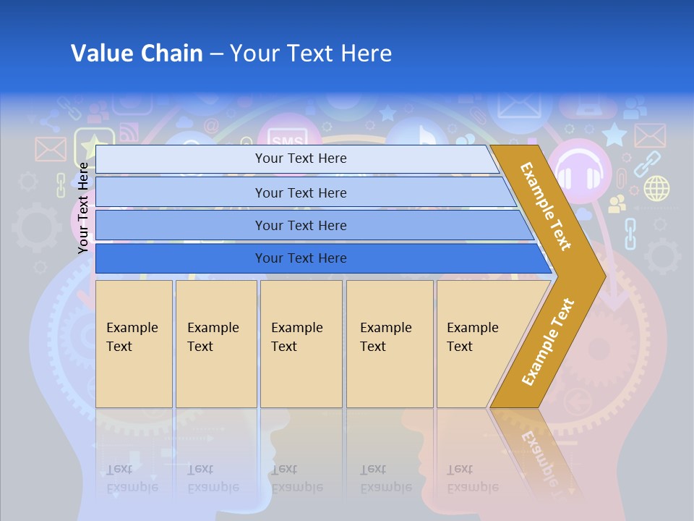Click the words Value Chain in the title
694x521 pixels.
(137, 54)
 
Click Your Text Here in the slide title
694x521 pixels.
(311, 54)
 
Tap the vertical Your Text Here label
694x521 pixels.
(83, 208)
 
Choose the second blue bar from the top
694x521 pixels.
(301, 192)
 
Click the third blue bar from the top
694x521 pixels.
(301, 225)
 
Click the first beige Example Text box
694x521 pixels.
(134, 343)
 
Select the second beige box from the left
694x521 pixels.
(216, 343)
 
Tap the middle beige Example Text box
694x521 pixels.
(301, 343)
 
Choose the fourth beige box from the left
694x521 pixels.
(390, 343)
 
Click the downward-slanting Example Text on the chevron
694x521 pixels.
(546, 206)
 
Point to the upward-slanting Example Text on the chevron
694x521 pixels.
(548, 342)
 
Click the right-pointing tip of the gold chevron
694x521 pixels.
(601, 276)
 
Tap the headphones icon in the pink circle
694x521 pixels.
(579, 170)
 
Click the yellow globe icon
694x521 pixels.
(656, 188)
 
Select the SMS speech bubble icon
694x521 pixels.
(285, 137)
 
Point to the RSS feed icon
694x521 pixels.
(129, 132)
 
